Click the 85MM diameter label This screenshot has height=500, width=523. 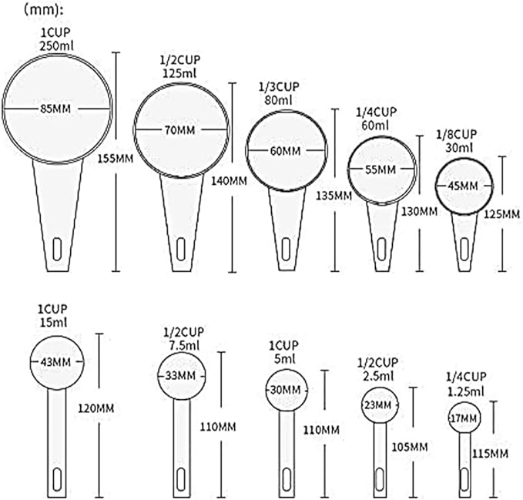coord(55,109)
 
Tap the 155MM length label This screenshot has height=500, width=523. coord(116,159)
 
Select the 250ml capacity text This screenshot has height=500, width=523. coord(57,45)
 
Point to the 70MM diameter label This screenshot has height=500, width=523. coord(180,129)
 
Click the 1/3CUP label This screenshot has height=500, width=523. coord(279,87)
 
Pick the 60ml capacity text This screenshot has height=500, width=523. coord(375,126)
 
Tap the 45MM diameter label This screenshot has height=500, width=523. coord(463,186)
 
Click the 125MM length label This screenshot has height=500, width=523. coord(501,214)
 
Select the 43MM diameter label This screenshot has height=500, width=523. coord(55,361)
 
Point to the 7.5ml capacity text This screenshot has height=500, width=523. coord(184,345)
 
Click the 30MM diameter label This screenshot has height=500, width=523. coord(286,390)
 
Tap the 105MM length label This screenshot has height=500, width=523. coord(410,447)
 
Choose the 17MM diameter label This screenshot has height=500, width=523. coord(464,418)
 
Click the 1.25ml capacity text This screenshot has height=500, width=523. coord(466,391)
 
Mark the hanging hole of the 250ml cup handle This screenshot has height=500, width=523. coord(57,249)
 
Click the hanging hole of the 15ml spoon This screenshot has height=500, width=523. coord(57,479)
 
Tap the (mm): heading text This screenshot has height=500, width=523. coord(44,10)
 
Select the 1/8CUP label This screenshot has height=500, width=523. coord(457,134)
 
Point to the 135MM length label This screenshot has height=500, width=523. coord(334,195)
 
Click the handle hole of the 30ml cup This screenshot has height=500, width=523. coord(464,249)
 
